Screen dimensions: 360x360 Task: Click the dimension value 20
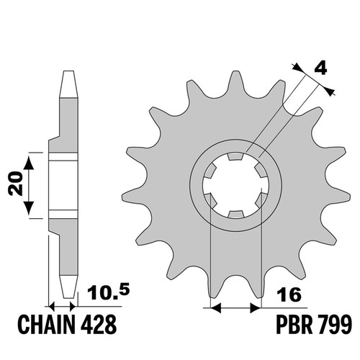pyautogui.click(x=16, y=183)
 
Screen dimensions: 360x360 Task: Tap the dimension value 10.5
pyautogui.click(x=109, y=291)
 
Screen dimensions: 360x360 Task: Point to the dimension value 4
pyautogui.click(x=320, y=68)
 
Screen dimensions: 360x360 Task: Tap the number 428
pyautogui.click(x=99, y=325)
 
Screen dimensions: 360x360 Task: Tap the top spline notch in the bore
pyautogui.click(x=236, y=157)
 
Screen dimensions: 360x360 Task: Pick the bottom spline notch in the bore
pyautogui.click(x=236, y=215)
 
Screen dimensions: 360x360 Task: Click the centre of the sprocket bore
pyautogui.click(x=236, y=186)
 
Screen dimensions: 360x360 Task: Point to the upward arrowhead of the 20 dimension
pyautogui.click(x=29, y=163)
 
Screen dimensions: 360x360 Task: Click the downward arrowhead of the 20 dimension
pyautogui.click(x=29, y=208)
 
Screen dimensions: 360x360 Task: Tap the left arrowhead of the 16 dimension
pyautogui.click(x=215, y=307)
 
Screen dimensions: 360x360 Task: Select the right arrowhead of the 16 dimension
pyautogui.click(x=256, y=307)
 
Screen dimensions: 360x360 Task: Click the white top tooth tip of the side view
pyautogui.click(x=68, y=84)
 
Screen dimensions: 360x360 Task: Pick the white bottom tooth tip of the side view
pyautogui.click(x=68, y=287)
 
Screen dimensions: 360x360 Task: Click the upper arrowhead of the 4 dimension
pyautogui.click(x=298, y=68)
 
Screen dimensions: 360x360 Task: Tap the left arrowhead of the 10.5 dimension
pyautogui.click(x=52, y=307)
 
